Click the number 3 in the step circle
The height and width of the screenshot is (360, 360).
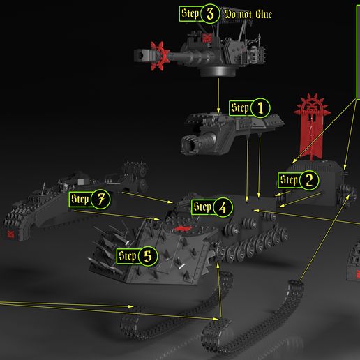click(210, 14)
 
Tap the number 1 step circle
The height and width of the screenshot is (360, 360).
click(260, 108)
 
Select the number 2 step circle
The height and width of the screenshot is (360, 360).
click(309, 180)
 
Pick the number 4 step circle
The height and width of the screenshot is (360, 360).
click(223, 207)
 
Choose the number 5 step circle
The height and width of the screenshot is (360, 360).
click(148, 256)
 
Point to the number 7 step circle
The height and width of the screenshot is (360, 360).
click(100, 199)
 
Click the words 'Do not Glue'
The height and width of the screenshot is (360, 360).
click(248, 14)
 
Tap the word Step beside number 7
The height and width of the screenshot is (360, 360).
click(80, 199)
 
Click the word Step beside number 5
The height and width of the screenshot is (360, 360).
click(128, 256)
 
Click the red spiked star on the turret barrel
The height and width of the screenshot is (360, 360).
click(160, 56)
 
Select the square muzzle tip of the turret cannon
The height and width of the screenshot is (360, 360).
click(142, 56)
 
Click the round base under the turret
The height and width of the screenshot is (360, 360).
click(218, 71)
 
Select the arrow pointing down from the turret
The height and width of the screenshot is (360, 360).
click(218, 96)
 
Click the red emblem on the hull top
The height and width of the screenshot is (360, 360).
click(183, 229)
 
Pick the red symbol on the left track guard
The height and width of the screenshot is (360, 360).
click(10, 234)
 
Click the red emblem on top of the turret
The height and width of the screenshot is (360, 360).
click(207, 38)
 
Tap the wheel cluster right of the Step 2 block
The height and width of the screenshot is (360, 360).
click(346, 195)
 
